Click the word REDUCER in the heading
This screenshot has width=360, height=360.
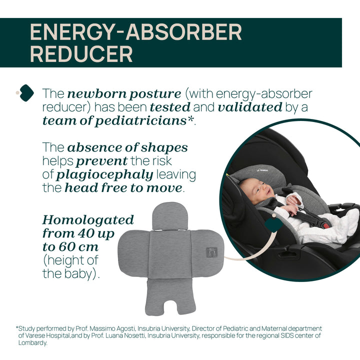81,54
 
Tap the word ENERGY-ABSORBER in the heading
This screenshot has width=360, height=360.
135,32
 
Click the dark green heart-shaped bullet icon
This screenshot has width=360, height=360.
26,93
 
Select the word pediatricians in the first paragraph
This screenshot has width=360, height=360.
141,121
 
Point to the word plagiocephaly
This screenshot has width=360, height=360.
104,175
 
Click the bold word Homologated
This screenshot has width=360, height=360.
88,220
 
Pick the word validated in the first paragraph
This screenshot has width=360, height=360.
250,107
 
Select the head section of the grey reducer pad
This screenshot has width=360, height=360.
170,216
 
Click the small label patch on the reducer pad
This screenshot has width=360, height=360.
211,252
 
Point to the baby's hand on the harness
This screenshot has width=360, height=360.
290,209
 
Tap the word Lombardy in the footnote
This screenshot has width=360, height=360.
32,343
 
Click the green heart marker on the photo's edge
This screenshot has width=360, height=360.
273,224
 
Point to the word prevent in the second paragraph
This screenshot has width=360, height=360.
101,161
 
